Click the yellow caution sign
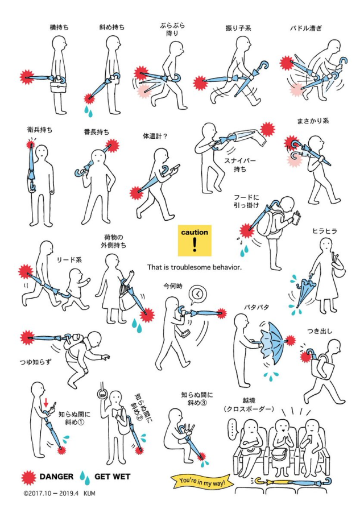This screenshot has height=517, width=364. [x=194, y=241]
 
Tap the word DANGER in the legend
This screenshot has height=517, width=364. [x=56, y=477]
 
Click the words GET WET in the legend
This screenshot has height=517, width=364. [x=112, y=477]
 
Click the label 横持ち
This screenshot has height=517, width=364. [x=59, y=27]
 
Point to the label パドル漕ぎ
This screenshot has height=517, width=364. [x=305, y=28]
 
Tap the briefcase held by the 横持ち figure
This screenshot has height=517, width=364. [x=59, y=86]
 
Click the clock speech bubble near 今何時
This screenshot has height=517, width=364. [x=197, y=294]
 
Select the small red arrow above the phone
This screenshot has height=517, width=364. [x=46, y=403]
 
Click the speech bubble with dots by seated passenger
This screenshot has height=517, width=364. [x=233, y=429]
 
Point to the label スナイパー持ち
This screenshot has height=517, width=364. [x=239, y=165]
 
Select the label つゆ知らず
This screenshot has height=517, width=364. [x=36, y=362]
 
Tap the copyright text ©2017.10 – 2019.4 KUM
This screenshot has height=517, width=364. [x=59, y=494]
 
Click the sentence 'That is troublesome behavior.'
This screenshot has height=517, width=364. [x=195, y=267]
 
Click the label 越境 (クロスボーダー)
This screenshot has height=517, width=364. [x=249, y=404]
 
